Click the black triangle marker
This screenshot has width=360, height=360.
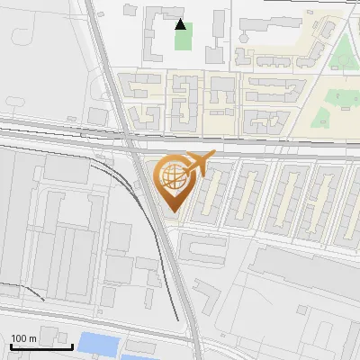181,24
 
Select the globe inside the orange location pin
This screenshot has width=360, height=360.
172,175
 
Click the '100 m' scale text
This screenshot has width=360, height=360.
23,339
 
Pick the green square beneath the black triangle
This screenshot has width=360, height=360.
183,40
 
